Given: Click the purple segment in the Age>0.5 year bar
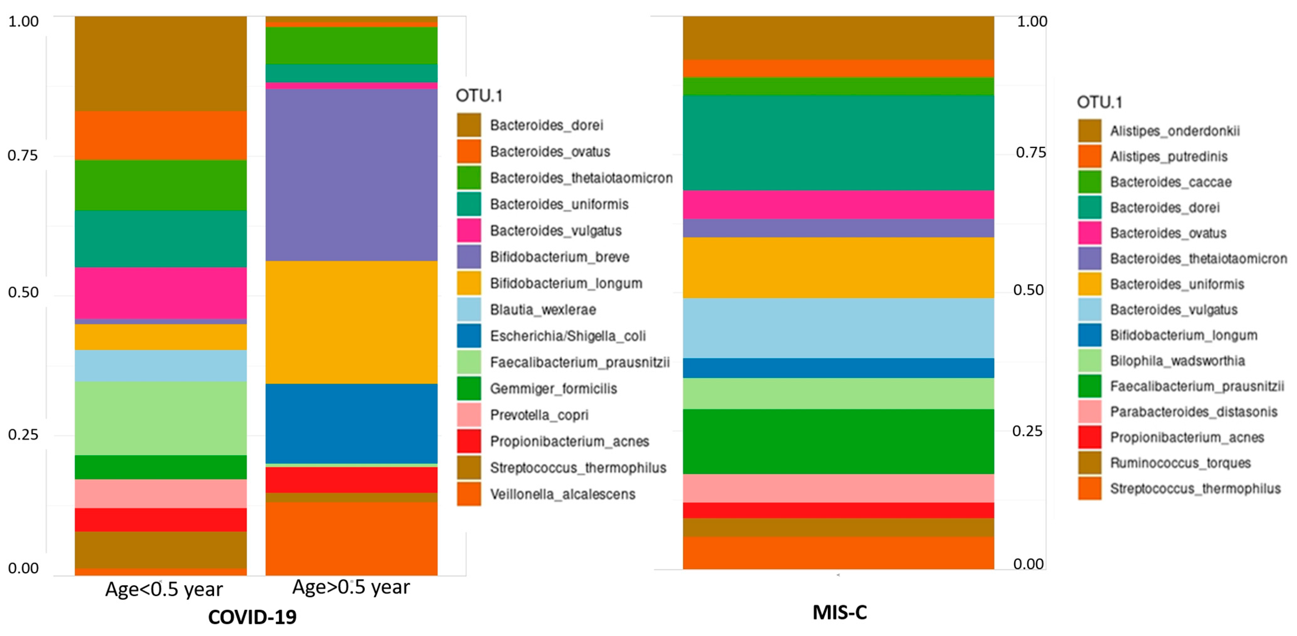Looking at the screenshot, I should (x=351, y=175).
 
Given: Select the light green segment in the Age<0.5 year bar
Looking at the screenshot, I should (x=161, y=418).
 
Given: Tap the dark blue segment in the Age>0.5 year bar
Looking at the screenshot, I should (x=351, y=423).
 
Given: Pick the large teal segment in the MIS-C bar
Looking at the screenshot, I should (x=838, y=143).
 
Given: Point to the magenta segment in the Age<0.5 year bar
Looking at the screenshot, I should (x=161, y=293).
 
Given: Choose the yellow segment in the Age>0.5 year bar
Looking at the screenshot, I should (x=351, y=322).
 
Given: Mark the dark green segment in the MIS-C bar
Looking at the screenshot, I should (x=838, y=441).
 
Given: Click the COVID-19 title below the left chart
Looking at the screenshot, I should (x=252, y=617).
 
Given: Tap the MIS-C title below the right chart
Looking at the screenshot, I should (x=840, y=612).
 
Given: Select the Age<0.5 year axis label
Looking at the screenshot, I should (x=164, y=589).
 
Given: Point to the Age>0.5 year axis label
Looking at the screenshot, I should (x=351, y=587).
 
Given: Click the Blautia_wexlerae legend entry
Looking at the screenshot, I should (x=543, y=310).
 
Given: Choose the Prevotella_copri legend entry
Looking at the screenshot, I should (x=539, y=415).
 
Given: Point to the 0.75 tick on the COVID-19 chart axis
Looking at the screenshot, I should (x=23, y=156).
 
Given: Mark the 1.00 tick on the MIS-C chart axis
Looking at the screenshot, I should (x=1032, y=22).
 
